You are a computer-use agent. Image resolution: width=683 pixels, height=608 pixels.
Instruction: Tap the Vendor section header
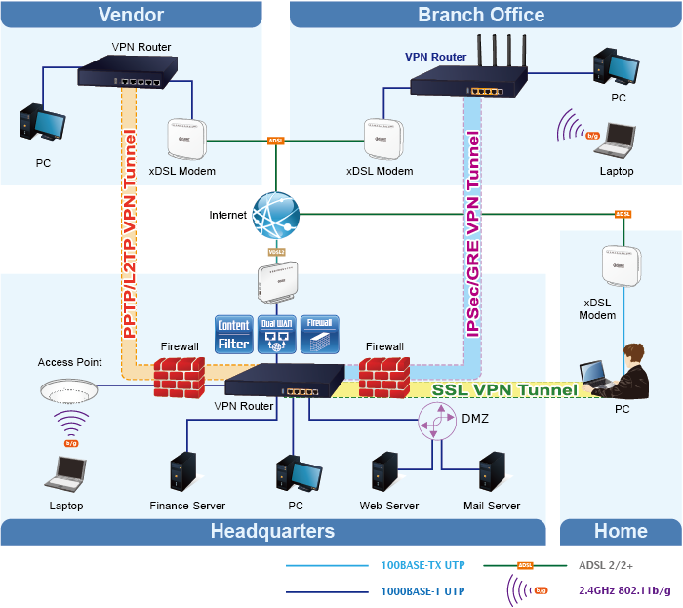pos(131,14)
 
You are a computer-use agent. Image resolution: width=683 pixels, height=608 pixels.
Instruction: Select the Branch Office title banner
pos(481,14)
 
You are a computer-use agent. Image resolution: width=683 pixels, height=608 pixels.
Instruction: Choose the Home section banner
pos(621,532)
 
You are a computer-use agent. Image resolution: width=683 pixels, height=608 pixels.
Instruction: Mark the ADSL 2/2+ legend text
pos(606,565)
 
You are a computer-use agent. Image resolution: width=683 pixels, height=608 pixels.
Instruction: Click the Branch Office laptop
pos(615,142)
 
